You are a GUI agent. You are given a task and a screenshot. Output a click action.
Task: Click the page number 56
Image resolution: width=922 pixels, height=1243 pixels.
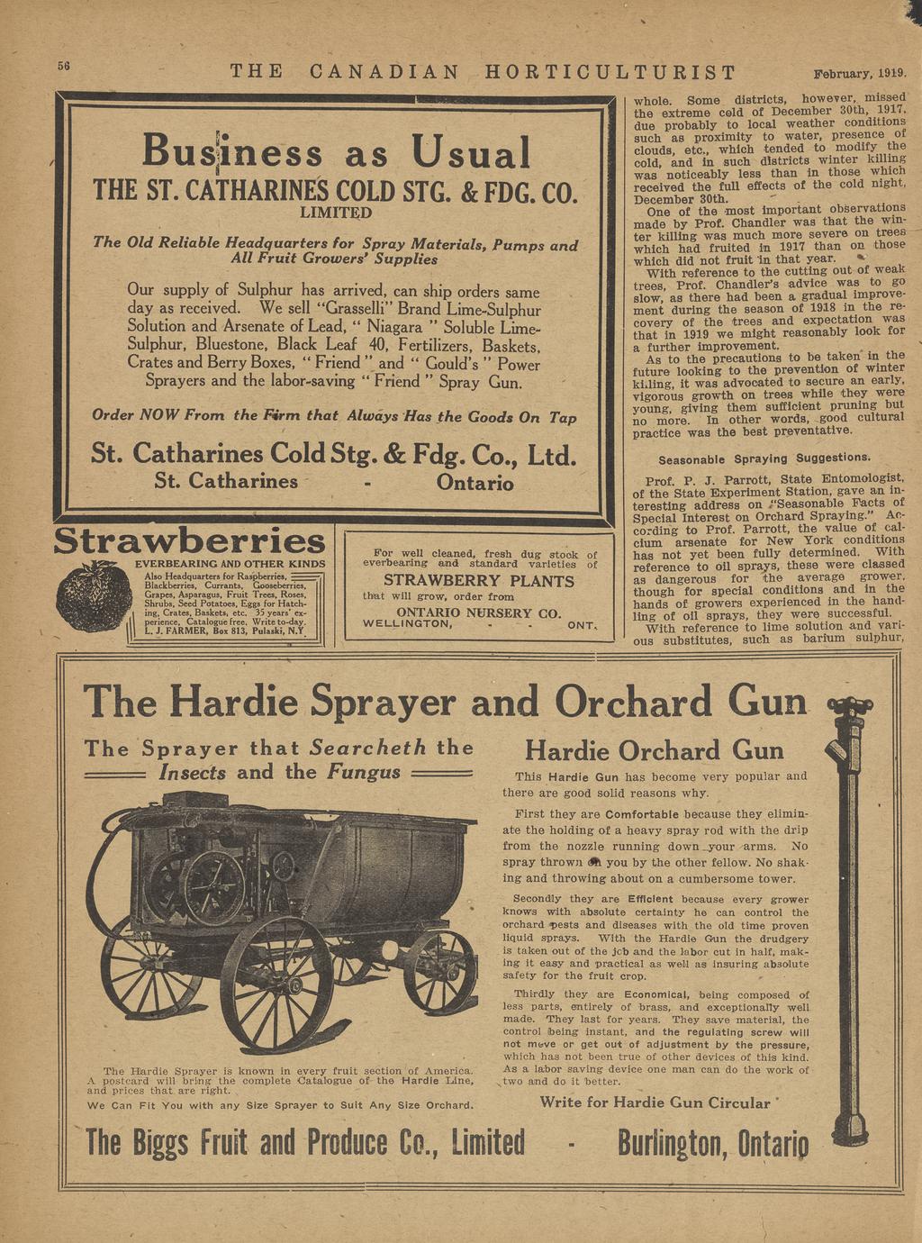(x=64, y=67)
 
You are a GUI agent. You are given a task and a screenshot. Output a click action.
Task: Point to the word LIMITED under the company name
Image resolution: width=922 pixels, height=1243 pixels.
(x=334, y=213)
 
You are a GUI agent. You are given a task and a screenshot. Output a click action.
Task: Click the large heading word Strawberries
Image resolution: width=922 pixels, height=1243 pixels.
(x=189, y=541)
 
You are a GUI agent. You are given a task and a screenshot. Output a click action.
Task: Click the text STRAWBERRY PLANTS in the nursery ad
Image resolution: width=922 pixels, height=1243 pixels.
(x=479, y=581)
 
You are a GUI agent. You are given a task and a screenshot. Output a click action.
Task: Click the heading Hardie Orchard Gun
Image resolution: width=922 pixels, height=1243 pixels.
(x=655, y=750)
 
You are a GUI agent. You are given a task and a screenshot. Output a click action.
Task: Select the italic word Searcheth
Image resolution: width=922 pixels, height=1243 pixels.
(x=369, y=748)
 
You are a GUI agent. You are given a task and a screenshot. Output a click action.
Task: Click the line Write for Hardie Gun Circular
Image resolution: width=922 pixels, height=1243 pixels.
(x=655, y=1102)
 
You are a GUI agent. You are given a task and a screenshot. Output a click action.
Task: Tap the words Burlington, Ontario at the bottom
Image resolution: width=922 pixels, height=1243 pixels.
(x=713, y=1143)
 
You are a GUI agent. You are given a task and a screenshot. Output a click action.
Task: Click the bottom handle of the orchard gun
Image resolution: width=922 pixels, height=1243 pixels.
(x=848, y=1121)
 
